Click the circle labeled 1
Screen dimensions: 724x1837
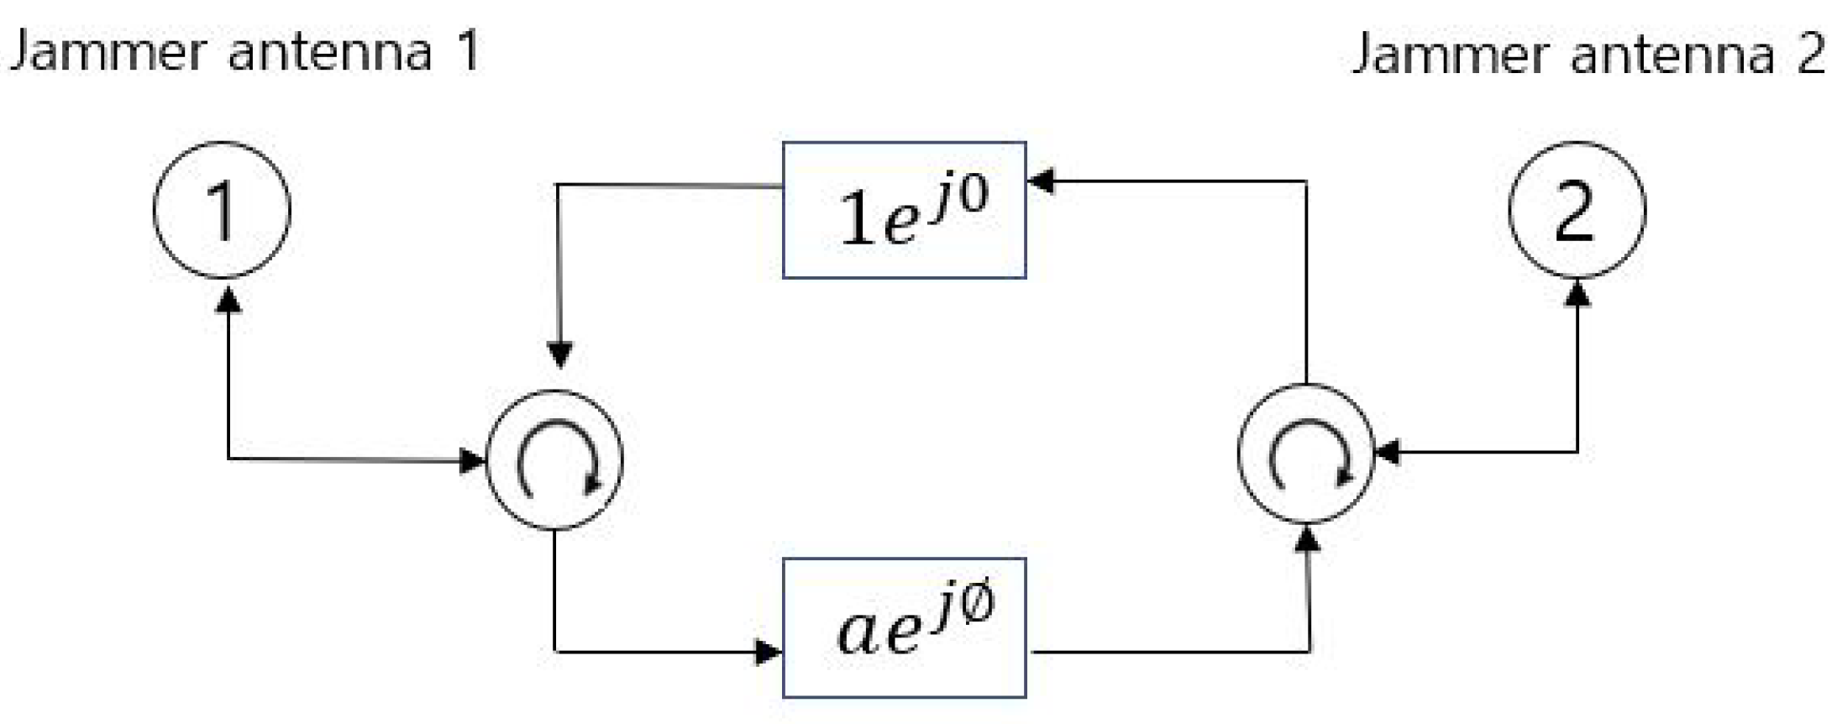point(222,210)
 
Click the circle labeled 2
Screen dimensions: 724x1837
point(1576,210)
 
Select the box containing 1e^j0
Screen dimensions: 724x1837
point(904,210)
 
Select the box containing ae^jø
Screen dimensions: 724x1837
point(904,627)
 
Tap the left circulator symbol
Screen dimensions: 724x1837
point(554,459)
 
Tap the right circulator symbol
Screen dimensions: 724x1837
point(1305,454)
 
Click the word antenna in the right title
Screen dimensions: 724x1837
point(1672,55)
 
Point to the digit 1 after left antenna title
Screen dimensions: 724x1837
point(467,50)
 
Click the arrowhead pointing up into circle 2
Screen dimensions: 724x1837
point(1577,293)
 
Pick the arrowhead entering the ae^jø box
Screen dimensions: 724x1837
point(768,651)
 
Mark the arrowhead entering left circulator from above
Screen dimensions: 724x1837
point(559,354)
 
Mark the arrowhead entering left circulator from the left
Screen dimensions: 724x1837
point(473,459)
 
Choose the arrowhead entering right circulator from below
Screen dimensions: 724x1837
point(1307,538)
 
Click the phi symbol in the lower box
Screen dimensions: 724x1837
point(977,602)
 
